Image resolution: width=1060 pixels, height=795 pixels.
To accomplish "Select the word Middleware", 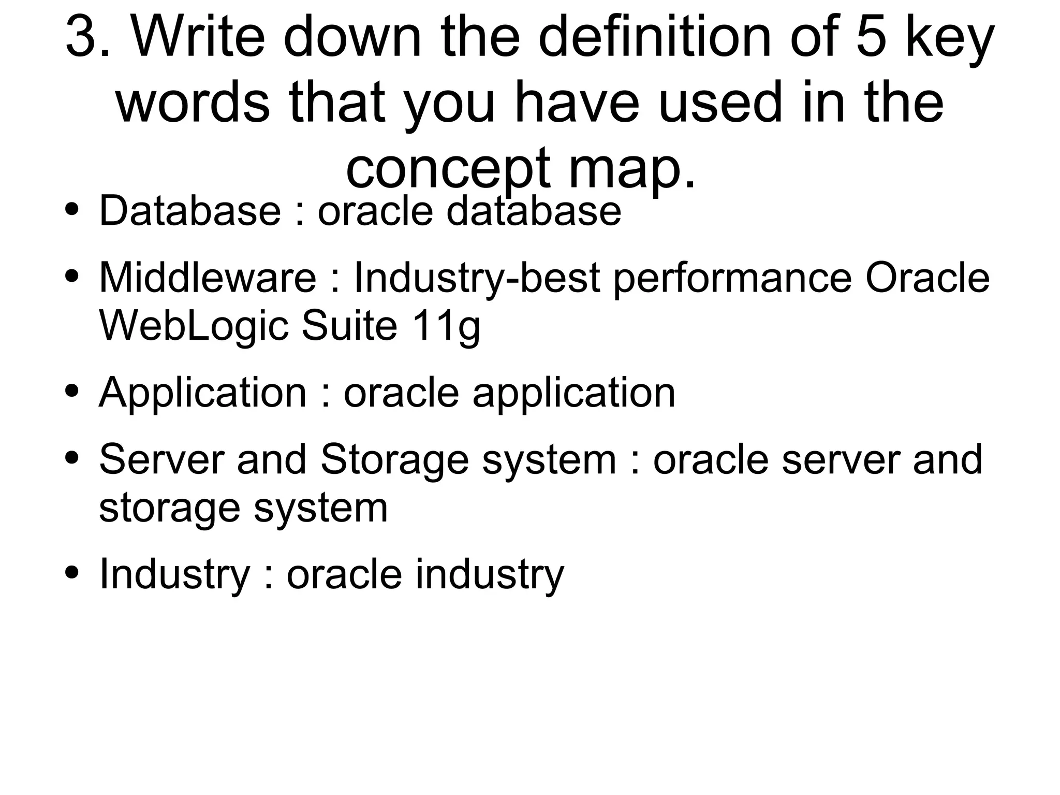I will point(207,278).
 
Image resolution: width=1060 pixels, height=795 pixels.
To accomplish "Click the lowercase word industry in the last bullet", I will point(490,575).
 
